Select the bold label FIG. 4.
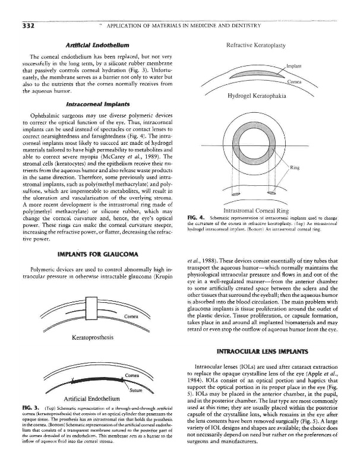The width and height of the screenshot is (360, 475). point(195,218)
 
